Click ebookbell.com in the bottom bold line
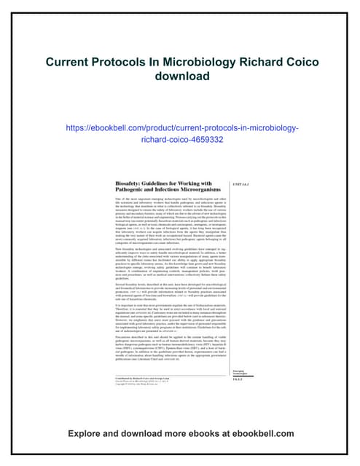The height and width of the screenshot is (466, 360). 275,433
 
